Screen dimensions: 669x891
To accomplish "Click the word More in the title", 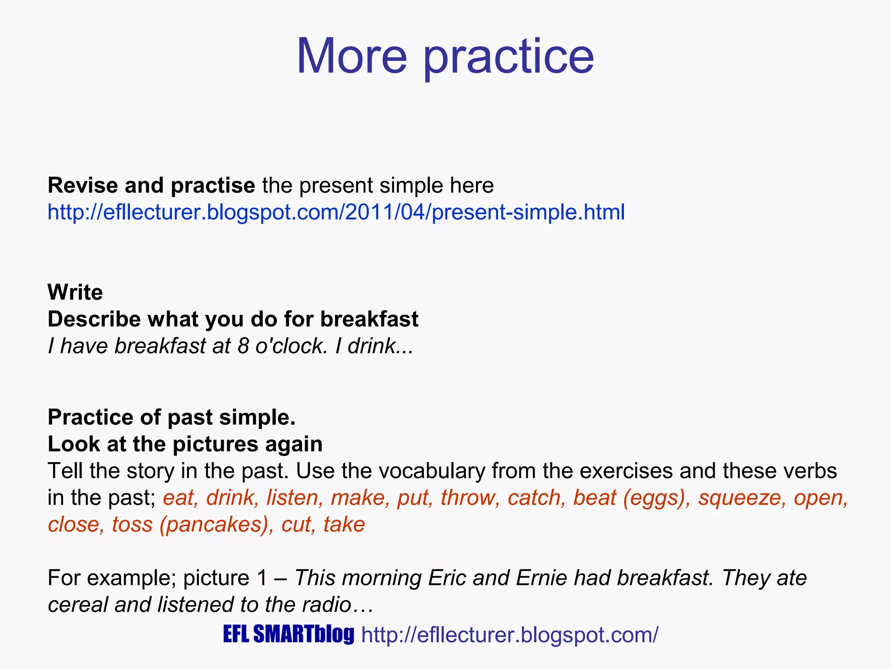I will pyautogui.click(x=352, y=57).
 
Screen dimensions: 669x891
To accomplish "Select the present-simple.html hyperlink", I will pyautogui.click(x=336, y=212).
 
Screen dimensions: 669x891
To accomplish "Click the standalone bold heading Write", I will pyautogui.click(x=75, y=292).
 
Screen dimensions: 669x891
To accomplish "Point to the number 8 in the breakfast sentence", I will pyautogui.click(x=243, y=346).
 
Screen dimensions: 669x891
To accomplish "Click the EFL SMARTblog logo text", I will pyautogui.click(x=288, y=634).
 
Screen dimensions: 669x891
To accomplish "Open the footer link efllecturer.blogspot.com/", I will pyautogui.click(x=510, y=635).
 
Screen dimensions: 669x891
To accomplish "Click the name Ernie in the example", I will pyautogui.click(x=542, y=578).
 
